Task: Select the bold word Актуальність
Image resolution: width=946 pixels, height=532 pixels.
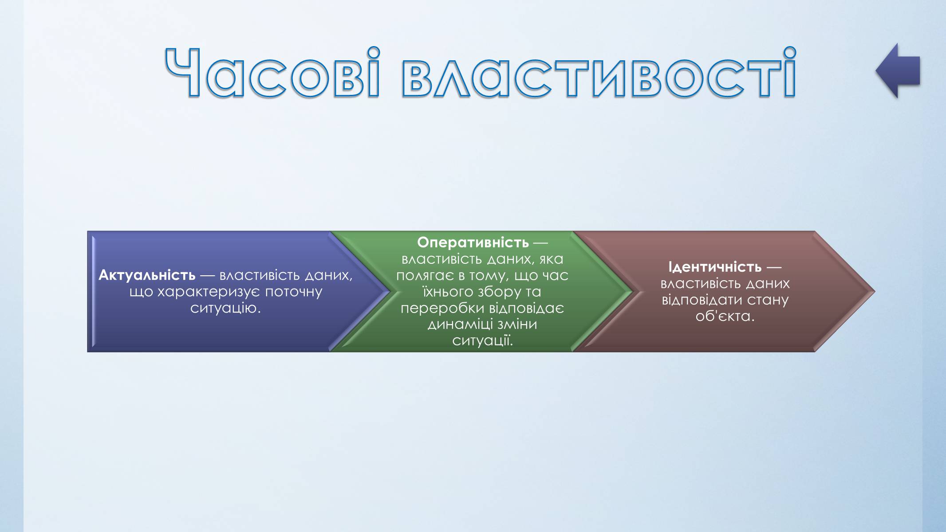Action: (x=147, y=275)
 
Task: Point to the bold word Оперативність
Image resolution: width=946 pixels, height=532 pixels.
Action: (x=473, y=243)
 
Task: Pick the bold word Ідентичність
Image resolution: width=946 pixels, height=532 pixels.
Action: (x=715, y=267)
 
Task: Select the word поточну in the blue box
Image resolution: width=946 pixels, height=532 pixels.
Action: (x=293, y=292)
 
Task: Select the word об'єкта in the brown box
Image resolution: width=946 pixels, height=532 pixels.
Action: (x=725, y=317)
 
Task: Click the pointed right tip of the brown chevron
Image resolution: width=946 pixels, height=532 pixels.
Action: (x=875, y=291)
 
